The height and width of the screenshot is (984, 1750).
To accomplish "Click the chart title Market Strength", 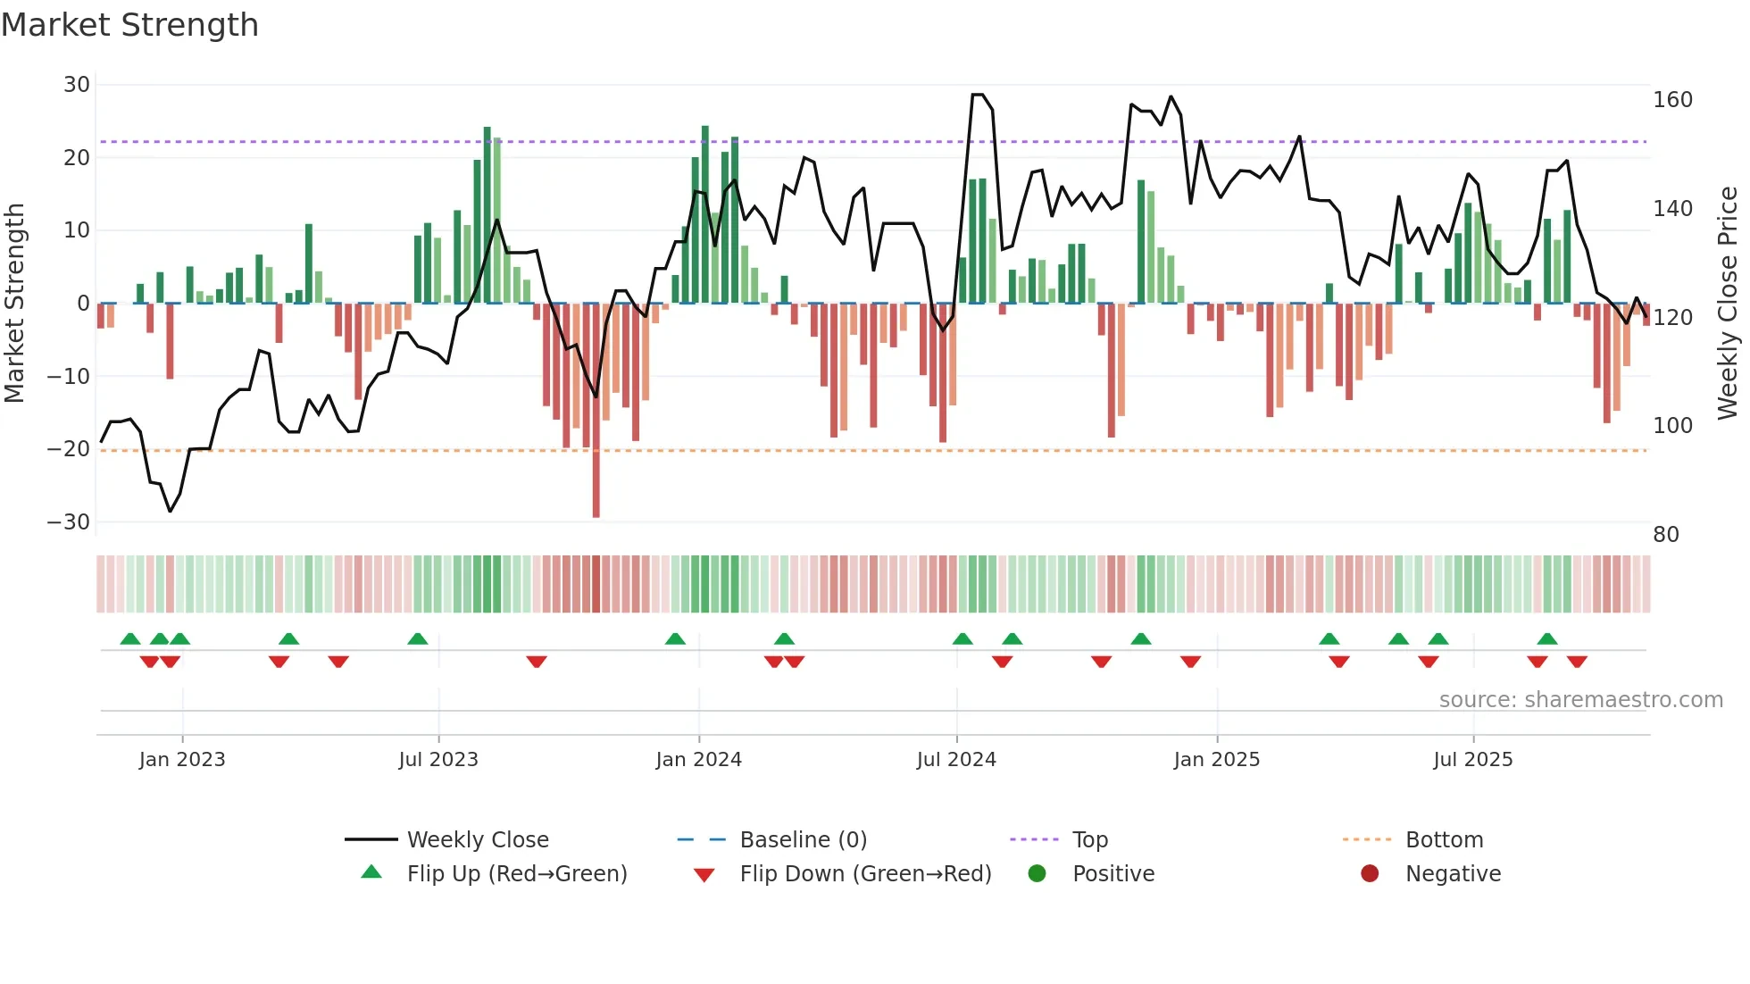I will coord(129,25).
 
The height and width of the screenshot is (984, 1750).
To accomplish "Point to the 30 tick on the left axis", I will coord(77,85).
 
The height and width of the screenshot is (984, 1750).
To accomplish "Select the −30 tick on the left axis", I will coord(69,522).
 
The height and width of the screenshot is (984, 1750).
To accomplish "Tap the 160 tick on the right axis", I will coord(1672,100).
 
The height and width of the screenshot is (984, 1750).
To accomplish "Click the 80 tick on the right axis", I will coord(1666,535).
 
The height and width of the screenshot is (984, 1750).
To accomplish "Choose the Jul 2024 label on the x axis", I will coord(956,760).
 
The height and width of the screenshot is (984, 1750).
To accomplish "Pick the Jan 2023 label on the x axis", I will coord(182,760).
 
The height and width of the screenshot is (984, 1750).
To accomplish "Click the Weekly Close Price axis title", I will coord(1728,304).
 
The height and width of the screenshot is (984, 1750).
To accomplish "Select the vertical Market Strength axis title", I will coord(14,304).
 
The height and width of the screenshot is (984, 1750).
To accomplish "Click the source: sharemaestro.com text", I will coord(1580,700).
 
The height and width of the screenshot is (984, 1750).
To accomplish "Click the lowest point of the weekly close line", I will coord(170,511).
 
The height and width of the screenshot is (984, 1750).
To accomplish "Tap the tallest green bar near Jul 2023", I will coord(487,214).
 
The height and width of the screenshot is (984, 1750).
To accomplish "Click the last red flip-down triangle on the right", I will coord(1577,662).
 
